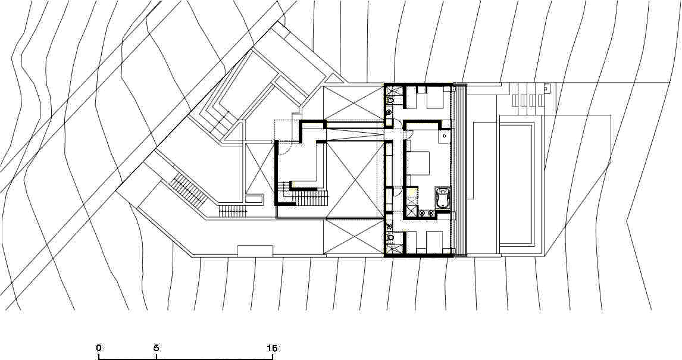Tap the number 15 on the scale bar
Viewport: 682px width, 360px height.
pos(273,348)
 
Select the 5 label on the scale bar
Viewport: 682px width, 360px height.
pos(156,348)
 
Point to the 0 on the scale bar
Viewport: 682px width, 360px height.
pos(99,348)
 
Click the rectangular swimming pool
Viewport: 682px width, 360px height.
pos(517,184)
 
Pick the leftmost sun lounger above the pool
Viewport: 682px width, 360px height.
pos(517,101)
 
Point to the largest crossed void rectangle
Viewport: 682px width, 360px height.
pos(354,179)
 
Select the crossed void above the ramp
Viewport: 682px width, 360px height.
pos(354,104)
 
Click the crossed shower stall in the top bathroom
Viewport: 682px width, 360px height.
pos(391,91)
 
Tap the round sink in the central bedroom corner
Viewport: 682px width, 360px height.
pos(445,136)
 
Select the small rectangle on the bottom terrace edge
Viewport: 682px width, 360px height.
pos(255,251)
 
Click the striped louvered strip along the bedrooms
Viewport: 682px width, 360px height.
pos(459,170)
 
